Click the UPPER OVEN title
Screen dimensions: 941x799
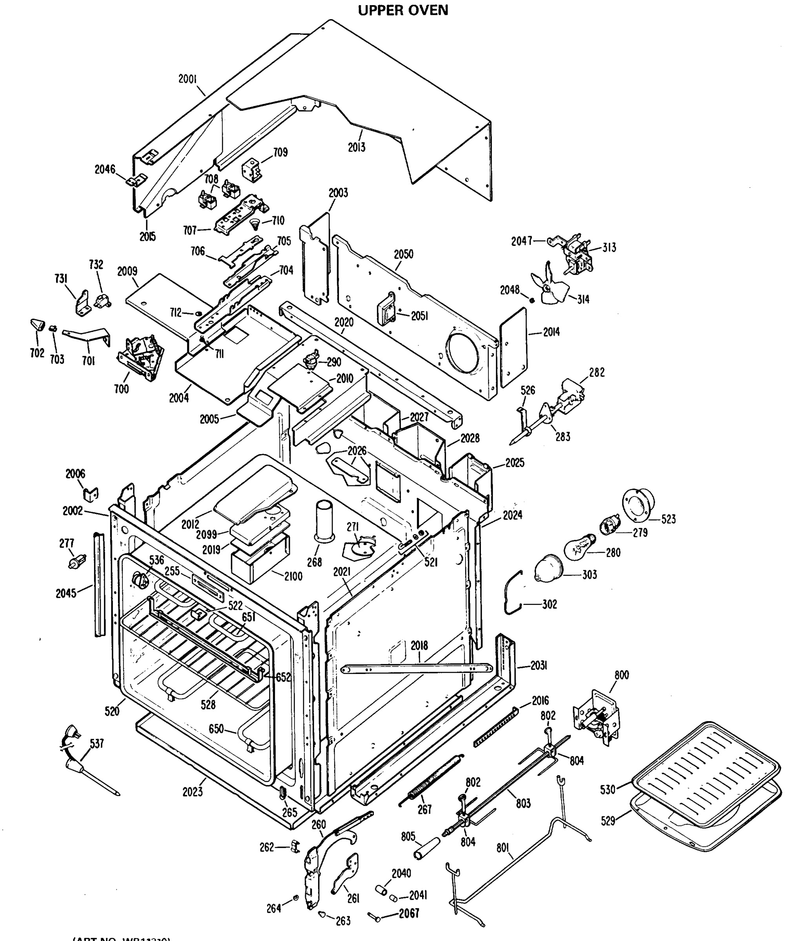click(403, 10)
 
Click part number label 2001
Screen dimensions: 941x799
click(187, 79)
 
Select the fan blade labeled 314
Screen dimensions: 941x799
click(548, 284)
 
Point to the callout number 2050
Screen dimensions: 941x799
click(403, 254)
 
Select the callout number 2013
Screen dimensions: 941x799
click(357, 147)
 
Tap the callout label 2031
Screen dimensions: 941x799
click(539, 666)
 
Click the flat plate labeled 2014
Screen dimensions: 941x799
click(514, 348)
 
